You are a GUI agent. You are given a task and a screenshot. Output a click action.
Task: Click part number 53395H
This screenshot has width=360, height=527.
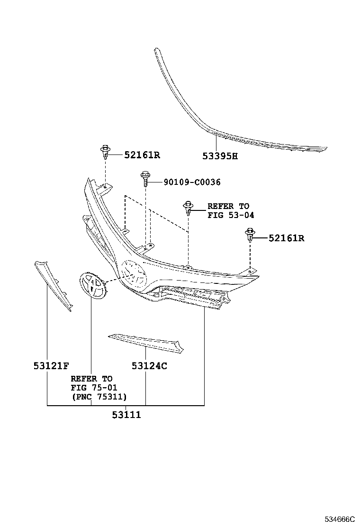click(x=220, y=156)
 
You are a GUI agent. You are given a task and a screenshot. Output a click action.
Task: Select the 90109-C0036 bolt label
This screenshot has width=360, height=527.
click(x=192, y=182)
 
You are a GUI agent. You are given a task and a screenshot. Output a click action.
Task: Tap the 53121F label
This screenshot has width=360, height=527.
click(x=51, y=366)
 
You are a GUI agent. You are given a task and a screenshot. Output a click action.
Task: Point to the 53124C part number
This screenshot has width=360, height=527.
click(x=149, y=366)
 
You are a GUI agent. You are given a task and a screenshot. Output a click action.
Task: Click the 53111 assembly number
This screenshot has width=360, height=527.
click(x=126, y=415)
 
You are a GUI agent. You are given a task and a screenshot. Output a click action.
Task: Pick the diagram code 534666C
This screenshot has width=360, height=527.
click(x=339, y=519)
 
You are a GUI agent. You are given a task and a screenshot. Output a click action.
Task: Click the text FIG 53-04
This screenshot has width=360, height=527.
click(x=231, y=215)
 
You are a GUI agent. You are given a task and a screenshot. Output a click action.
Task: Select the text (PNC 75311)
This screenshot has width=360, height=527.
click(x=99, y=397)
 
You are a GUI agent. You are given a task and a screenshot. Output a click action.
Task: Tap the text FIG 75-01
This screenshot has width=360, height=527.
click(x=94, y=388)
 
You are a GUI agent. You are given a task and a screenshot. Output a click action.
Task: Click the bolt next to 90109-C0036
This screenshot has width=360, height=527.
click(x=145, y=180)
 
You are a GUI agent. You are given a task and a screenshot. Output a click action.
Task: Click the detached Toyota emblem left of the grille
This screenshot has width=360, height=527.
click(x=93, y=285)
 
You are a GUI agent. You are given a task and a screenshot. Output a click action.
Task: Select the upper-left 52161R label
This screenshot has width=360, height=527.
click(x=142, y=155)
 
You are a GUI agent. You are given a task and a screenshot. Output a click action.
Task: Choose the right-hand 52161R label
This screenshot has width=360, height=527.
click(x=287, y=238)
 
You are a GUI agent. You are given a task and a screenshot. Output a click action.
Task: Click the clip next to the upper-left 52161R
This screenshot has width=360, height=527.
click(x=106, y=152)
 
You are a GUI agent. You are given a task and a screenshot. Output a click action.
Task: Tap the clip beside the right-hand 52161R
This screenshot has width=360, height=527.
click(x=250, y=235)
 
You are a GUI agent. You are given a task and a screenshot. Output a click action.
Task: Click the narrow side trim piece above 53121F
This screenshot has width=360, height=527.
click(x=53, y=286)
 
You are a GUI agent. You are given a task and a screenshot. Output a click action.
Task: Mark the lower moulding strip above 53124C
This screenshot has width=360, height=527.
click(x=146, y=343)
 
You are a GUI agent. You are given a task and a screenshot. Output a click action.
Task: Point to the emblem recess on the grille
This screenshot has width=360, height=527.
click(x=133, y=273)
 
